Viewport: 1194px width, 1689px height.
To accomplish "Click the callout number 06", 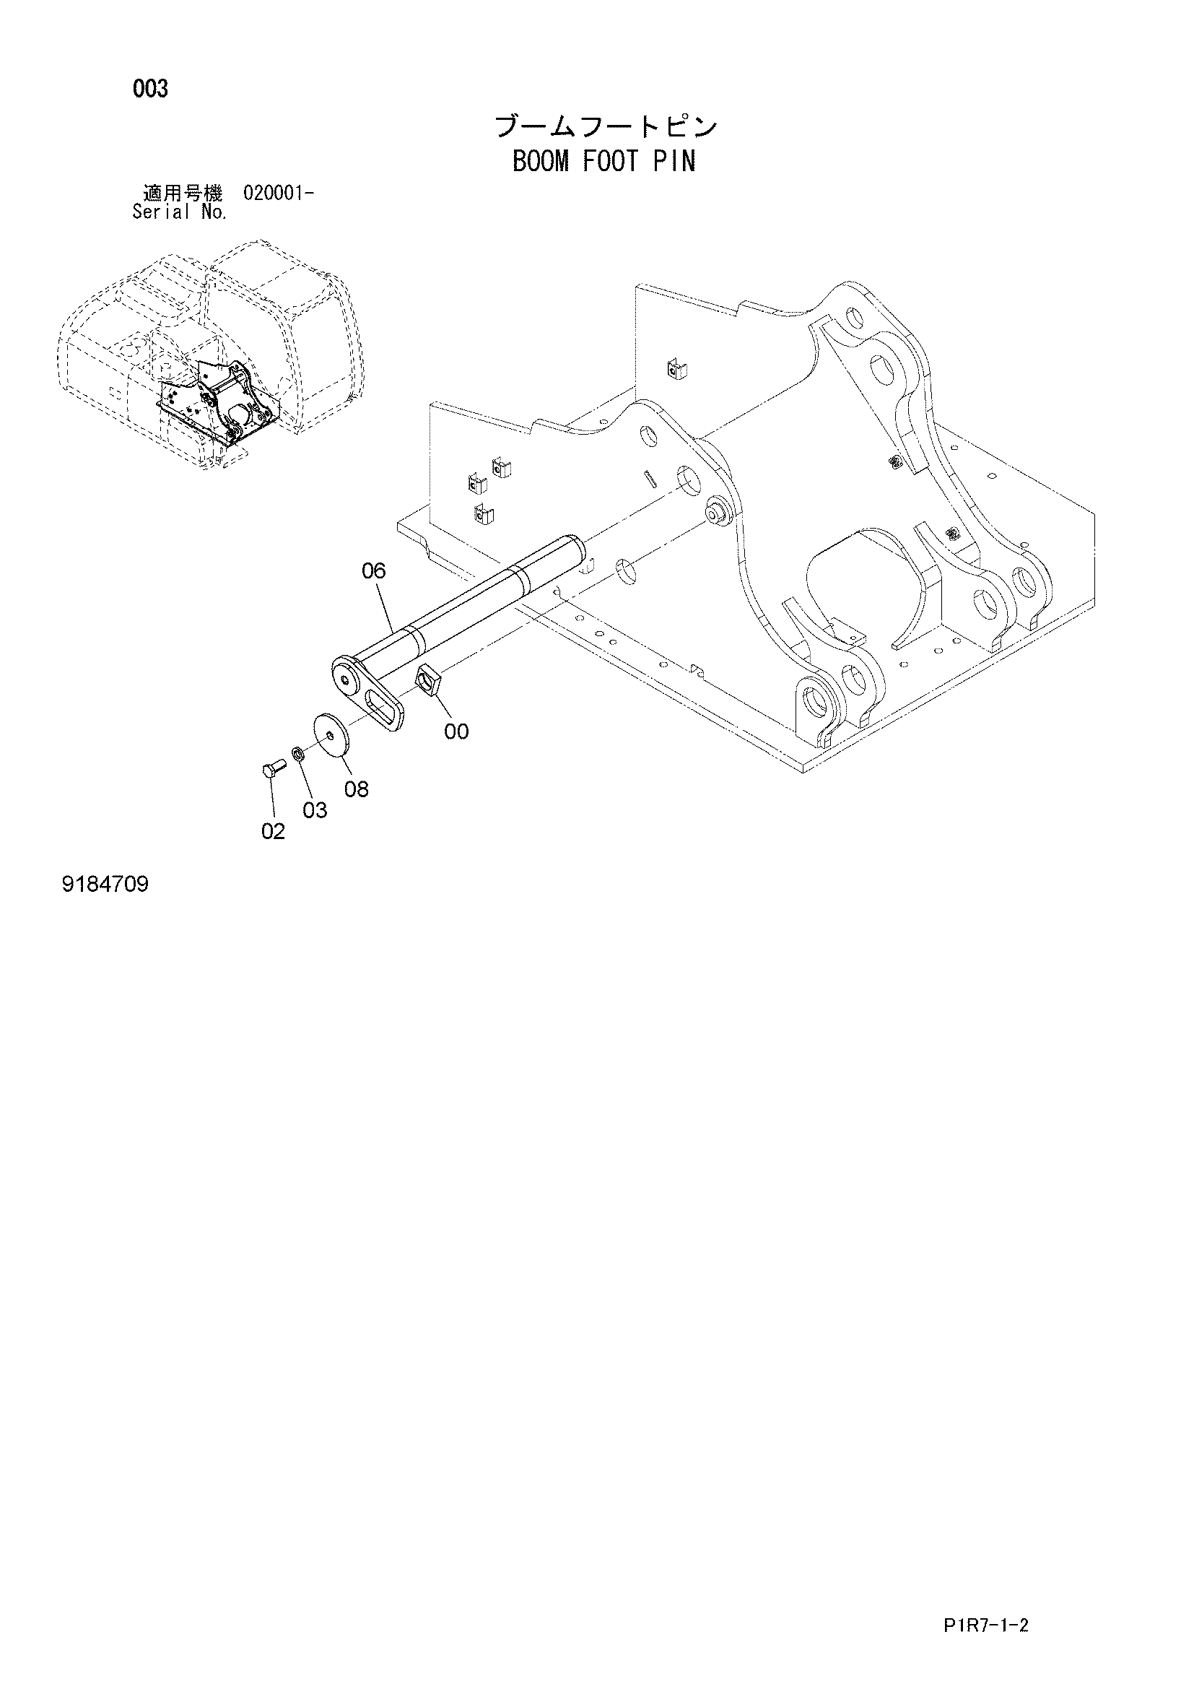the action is point(373,571).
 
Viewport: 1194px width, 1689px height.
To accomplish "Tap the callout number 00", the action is point(456,731).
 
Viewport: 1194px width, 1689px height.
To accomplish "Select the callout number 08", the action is point(357,789).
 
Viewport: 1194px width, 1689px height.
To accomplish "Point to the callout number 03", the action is point(315,810).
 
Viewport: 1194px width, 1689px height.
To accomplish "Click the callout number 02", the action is point(273,831).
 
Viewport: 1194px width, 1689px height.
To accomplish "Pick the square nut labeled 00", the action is point(428,677).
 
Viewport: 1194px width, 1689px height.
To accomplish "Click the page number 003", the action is point(151,89).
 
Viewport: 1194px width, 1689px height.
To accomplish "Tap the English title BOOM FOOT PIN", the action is point(603,160).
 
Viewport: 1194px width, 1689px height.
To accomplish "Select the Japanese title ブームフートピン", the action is point(606,126).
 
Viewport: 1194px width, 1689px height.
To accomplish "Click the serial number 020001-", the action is point(278,194).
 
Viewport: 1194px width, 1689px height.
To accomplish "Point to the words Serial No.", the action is point(180,212).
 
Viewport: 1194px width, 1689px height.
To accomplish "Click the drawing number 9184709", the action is point(106,883).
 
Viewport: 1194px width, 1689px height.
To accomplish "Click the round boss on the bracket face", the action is point(716,513).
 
